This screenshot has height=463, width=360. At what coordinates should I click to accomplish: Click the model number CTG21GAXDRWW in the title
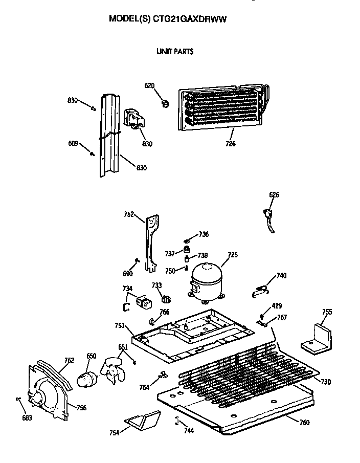[190, 19]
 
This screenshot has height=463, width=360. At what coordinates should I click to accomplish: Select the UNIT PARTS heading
[174, 51]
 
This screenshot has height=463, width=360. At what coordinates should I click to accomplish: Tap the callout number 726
[230, 144]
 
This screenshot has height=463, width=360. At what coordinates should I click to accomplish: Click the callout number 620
[149, 85]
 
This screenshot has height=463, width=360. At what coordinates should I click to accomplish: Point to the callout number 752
[129, 215]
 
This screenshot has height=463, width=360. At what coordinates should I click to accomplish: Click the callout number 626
[274, 195]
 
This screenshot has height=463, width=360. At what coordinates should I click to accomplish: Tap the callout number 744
[189, 431]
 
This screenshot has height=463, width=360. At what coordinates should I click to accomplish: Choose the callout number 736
[204, 234]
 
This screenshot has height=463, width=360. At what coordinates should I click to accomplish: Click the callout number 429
[277, 306]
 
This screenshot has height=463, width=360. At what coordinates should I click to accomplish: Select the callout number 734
[127, 289]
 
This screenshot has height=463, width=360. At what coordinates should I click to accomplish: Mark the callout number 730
[325, 382]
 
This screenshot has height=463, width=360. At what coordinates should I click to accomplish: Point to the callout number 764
[145, 388]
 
